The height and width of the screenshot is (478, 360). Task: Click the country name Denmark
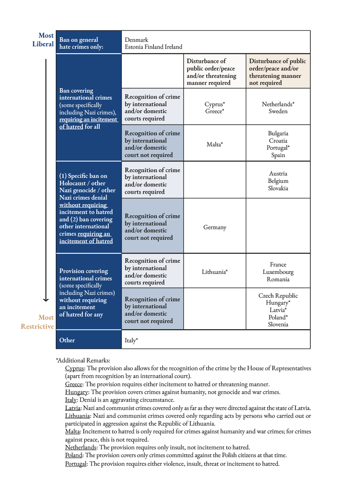tap(137, 40)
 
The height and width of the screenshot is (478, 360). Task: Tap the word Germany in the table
tap(214, 228)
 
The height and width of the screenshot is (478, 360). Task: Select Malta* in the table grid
tap(214, 144)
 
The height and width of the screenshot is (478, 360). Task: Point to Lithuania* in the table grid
tap(214, 271)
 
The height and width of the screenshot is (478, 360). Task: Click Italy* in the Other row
tap(131, 340)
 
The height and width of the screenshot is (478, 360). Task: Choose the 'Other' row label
tap(67, 340)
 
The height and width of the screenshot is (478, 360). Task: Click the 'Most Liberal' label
tap(43, 40)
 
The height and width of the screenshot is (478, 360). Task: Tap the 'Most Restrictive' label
tap(38, 322)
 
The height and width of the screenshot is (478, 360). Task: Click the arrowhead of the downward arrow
tap(46, 300)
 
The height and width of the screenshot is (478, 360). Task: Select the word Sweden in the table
tap(278, 112)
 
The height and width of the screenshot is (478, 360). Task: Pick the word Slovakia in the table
tap(278, 189)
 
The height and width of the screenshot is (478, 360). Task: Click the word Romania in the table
tap(278, 280)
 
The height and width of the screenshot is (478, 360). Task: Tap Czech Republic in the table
tap(278, 296)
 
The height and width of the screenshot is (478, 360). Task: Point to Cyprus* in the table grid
tap(214, 104)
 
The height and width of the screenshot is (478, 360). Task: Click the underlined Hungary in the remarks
tap(74, 392)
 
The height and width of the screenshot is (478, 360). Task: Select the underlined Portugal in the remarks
tap(76, 464)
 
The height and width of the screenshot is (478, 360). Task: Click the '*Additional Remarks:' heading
tap(83, 360)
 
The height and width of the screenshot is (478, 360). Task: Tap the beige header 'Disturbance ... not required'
tap(278, 72)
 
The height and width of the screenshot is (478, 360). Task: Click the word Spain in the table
tap(278, 155)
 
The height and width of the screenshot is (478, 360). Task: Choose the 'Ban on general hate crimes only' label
tap(81, 43)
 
